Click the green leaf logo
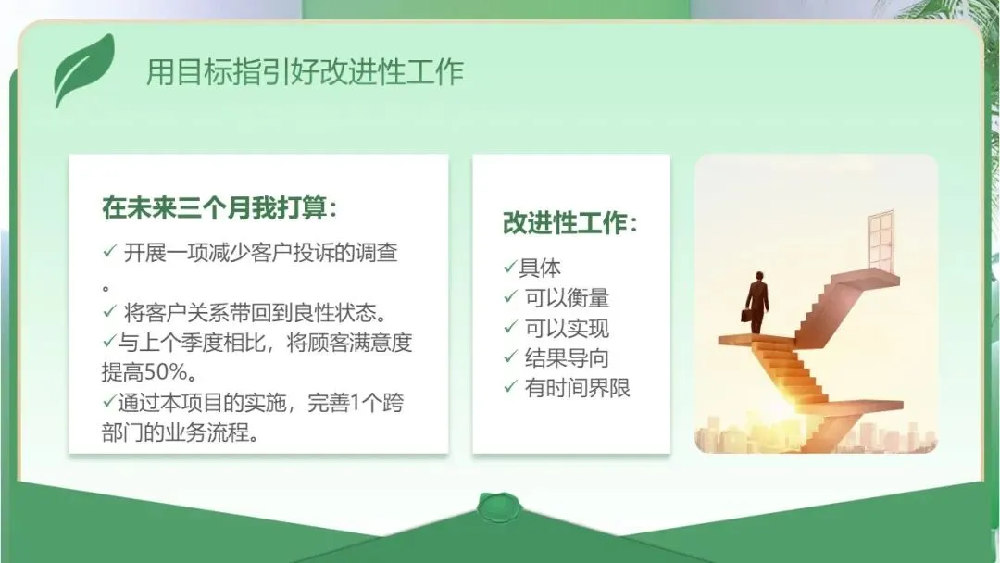coord(83,70)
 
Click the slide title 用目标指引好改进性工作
coord(305,71)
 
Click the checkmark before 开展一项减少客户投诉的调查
coord(109,251)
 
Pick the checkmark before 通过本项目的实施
coord(109,401)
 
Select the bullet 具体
coord(540,268)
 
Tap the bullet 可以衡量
coord(567,298)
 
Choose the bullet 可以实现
coord(567,328)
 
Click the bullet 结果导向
coord(567,357)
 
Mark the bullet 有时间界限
coord(577,388)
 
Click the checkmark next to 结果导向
coord(510,357)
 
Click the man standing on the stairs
coord(756,302)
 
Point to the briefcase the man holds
coord(746,315)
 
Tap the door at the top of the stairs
coord(881,242)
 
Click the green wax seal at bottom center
coord(499,507)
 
